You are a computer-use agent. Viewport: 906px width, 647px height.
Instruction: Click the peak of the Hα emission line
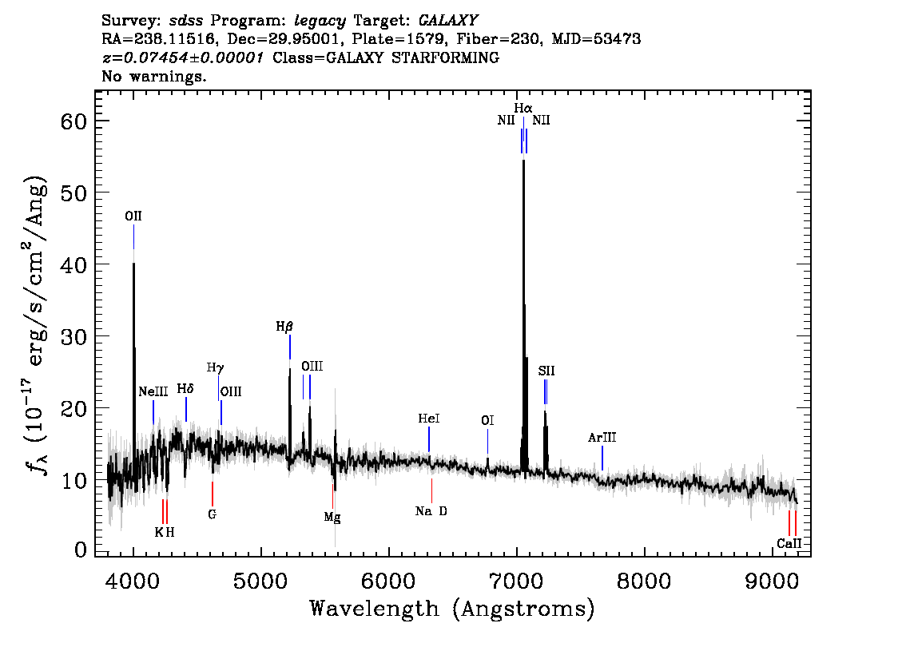523,161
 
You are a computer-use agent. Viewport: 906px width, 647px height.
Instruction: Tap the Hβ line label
284,327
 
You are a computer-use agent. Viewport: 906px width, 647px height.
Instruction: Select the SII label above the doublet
546,371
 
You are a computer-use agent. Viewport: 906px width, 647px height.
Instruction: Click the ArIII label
602,438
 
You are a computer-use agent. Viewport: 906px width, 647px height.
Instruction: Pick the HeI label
429,419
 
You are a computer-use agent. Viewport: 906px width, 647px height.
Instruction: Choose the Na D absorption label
431,511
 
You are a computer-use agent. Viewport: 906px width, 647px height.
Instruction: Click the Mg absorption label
332,517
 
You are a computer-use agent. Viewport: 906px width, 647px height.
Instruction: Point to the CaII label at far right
789,544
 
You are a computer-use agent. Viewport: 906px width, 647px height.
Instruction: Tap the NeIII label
153,392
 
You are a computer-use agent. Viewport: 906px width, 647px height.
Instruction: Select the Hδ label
185,389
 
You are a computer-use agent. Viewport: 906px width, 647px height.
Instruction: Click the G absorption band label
212,514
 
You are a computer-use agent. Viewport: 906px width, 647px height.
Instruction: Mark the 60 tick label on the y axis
74,121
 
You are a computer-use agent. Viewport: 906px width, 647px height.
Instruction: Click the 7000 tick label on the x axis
516,582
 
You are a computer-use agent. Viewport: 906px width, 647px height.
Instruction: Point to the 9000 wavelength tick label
771,582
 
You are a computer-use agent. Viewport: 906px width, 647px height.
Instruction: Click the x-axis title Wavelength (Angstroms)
452,609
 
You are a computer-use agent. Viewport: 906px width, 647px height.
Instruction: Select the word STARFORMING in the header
446,58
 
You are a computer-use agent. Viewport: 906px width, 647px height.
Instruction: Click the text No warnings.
153,76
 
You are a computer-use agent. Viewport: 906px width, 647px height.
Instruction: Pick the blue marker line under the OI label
487,442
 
